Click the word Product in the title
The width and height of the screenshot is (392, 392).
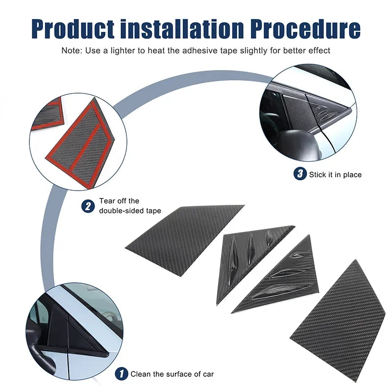73,29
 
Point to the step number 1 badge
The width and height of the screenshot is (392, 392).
122,374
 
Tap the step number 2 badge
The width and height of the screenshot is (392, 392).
88,206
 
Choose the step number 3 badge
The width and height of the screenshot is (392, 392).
300,174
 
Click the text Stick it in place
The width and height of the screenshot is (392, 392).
335,174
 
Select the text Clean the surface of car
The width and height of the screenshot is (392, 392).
172,374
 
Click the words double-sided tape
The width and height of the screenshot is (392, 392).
130,211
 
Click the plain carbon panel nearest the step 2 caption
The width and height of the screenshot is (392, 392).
185,241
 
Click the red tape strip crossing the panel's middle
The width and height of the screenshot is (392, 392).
87,147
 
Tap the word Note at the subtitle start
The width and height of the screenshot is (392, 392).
71,50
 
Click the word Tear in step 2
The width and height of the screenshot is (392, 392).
106,201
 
